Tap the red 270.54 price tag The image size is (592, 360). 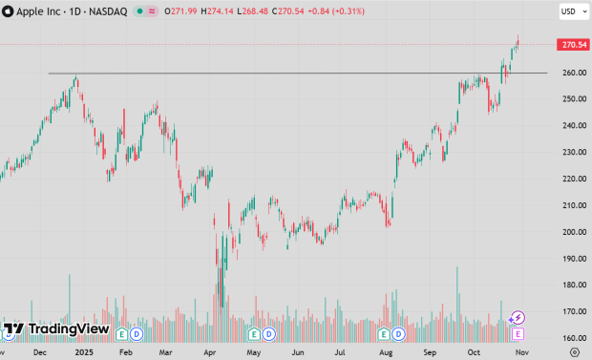[573, 45]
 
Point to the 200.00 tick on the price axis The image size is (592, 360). [573, 232]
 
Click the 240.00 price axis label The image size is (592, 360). [573, 125]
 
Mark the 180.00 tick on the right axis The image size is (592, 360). [573, 285]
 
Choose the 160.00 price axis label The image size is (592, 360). [573, 338]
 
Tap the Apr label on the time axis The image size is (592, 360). [208, 351]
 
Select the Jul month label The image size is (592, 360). [341, 351]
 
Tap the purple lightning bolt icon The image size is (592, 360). [518, 318]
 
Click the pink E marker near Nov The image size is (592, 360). [518, 334]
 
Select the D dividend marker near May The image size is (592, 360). [270, 334]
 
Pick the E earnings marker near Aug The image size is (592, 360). [385, 334]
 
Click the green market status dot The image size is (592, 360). [139, 11]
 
